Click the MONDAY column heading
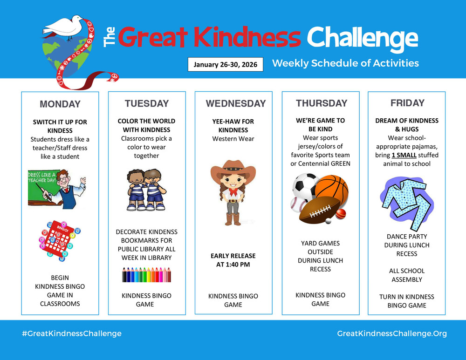60,104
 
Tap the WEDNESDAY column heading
235,104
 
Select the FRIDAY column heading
407,103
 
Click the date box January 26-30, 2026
226,64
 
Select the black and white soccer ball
305,186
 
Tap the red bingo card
58,238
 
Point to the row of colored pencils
146,275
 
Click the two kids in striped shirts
146,190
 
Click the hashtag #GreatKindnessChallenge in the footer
71,333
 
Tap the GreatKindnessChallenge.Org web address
391,333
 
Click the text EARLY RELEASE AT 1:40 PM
233,260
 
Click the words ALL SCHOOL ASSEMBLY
407,275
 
